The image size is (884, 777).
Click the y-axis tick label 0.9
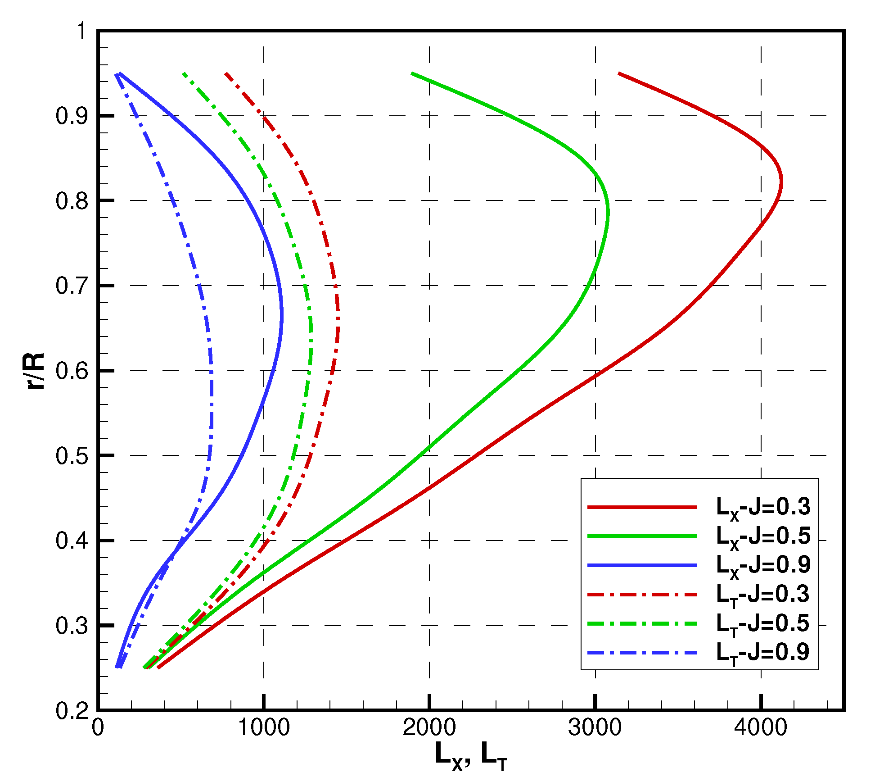(x=72, y=116)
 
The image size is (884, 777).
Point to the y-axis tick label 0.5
(x=72, y=456)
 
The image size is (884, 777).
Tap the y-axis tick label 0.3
(x=72, y=626)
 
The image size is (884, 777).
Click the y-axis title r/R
(x=35, y=371)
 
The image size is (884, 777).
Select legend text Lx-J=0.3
(x=763, y=508)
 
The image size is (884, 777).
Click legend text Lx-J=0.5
(x=763, y=536)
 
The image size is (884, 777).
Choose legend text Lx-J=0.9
(x=763, y=565)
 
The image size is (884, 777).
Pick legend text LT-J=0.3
(x=763, y=595)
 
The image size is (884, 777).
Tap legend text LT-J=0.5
(x=763, y=624)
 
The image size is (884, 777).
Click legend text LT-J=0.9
(x=763, y=653)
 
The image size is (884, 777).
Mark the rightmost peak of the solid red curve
(x=781, y=182)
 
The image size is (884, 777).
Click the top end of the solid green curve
(x=412, y=73)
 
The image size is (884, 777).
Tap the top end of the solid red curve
(x=619, y=73)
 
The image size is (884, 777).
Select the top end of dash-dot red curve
(x=226, y=73)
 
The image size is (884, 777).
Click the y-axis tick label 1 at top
(x=81, y=32)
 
